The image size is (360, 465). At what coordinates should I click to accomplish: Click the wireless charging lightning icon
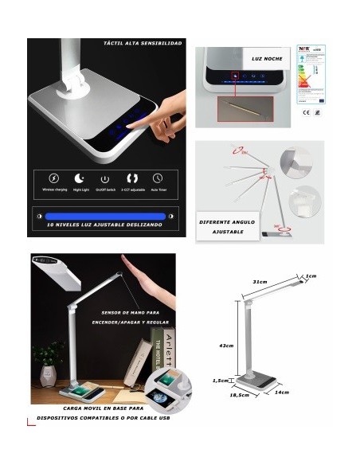click(x=54, y=178)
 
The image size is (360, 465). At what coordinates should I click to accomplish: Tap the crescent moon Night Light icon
click(x=79, y=178)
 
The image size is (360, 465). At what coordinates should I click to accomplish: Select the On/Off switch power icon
click(x=104, y=178)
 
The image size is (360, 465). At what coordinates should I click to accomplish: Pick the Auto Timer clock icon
click(x=158, y=178)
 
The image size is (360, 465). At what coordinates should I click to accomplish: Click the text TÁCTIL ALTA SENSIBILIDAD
click(x=143, y=43)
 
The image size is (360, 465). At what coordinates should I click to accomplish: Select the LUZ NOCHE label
click(x=265, y=59)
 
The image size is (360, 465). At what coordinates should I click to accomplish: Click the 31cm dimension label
click(x=259, y=282)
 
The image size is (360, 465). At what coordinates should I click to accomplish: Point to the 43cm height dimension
click(x=225, y=346)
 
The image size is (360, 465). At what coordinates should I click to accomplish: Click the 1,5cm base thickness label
click(x=221, y=381)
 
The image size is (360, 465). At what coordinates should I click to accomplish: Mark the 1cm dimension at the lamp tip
click(x=311, y=275)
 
